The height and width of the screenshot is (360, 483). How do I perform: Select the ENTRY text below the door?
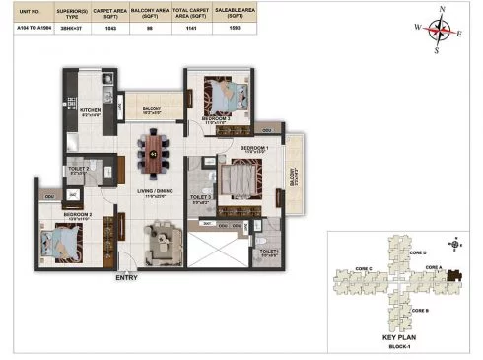pos(125,278)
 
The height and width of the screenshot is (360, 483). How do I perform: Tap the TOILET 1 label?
pos(270,252)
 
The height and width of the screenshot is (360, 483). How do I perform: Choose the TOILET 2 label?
pos(80,170)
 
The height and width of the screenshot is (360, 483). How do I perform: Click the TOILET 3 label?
pos(201,198)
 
